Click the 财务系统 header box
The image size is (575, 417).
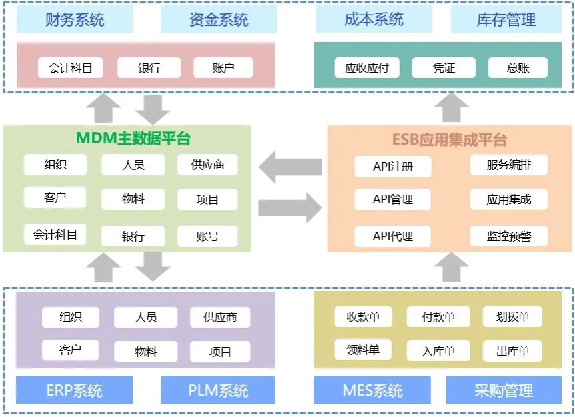tap(75, 20)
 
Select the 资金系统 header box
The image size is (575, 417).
tap(219, 20)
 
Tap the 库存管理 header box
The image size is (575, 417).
tap(506, 20)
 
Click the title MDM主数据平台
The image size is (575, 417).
tap(133, 139)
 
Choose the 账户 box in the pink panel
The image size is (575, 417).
tap(223, 67)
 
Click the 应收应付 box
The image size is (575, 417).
tap(366, 67)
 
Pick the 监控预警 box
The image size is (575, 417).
tap(509, 236)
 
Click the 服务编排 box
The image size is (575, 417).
tap(509, 165)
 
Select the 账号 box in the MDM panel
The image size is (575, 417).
tap(207, 236)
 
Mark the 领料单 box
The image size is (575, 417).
tap(363, 350)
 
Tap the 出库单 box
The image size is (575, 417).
tap(512, 351)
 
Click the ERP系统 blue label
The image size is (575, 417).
tap(75, 390)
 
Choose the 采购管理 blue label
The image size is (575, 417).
tap(504, 390)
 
